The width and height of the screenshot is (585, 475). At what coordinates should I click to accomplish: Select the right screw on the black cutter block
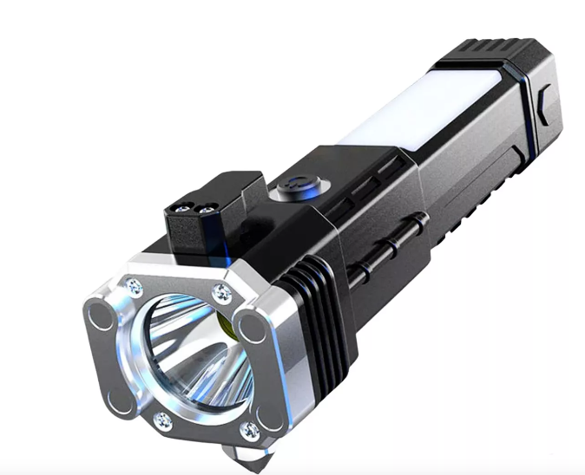coord(206,205)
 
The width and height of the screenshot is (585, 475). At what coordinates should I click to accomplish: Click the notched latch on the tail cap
coord(539,113)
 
